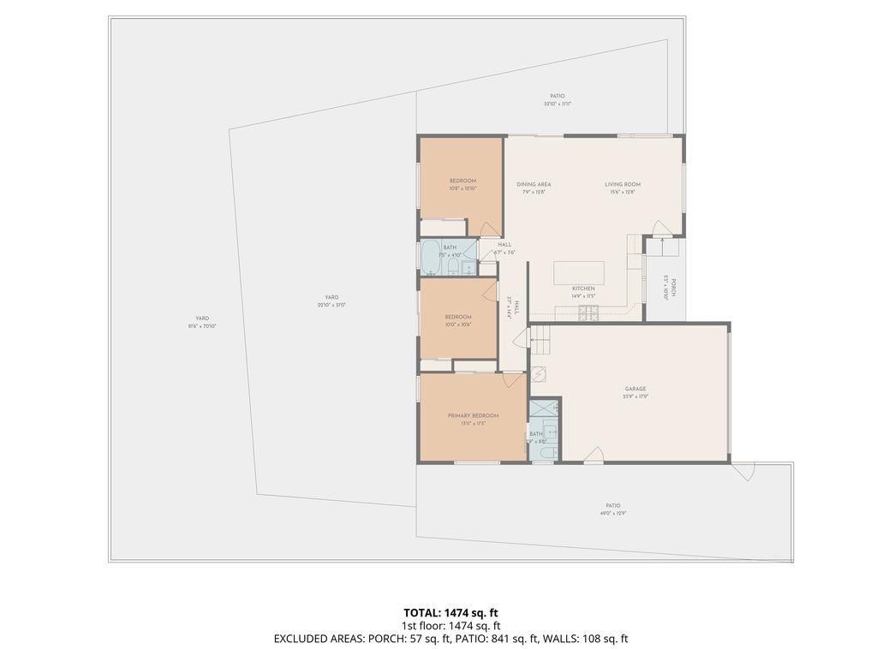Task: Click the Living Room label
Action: [x=622, y=184]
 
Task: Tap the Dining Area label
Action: [x=534, y=184]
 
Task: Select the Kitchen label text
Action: [x=583, y=289]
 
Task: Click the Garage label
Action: [x=635, y=389]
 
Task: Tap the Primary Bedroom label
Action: [x=473, y=416]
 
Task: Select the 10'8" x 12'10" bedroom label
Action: [x=462, y=184]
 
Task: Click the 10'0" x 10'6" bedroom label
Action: [x=458, y=320]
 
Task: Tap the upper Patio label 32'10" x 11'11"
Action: [x=557, y=99]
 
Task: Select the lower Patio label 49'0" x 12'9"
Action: [x=612, y=509]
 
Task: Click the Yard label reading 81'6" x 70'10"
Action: [x=201, y=322]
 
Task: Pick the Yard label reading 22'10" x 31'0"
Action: [x=331, y=301]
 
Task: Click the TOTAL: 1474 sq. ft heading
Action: [x=450, y=612]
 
